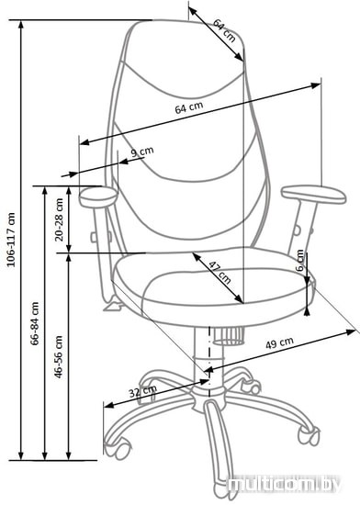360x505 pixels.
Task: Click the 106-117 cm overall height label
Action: click(11, 240)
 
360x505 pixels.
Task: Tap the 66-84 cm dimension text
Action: click(35, 323)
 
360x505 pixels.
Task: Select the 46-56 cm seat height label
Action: click(59, 356)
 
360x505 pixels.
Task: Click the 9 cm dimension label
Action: click(142, 151)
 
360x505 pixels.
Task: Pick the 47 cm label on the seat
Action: click(219, 273)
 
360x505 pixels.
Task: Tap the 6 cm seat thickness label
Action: click(300, 260)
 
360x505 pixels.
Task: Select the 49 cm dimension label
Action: click(279, 342)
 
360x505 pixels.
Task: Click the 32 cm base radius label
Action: click(142, 391)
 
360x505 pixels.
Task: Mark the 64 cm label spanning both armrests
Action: click(189, 107)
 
